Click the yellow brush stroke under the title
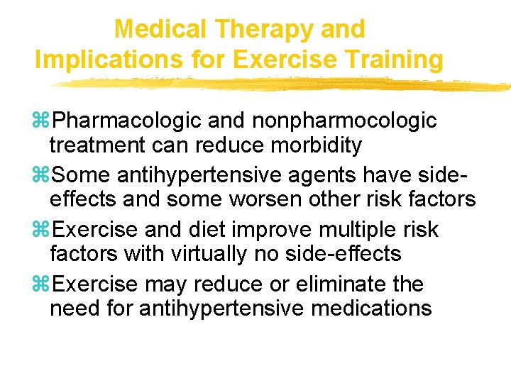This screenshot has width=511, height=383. point(284,84)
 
